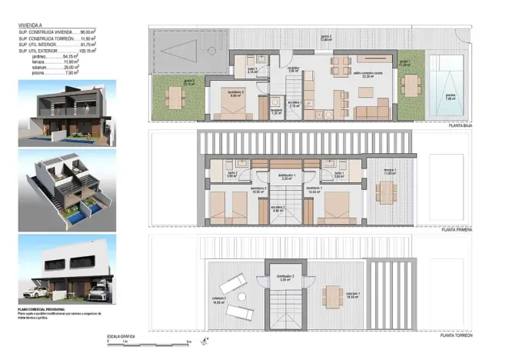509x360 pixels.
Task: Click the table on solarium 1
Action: (333, 294)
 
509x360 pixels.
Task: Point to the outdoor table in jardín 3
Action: (176, 96)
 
